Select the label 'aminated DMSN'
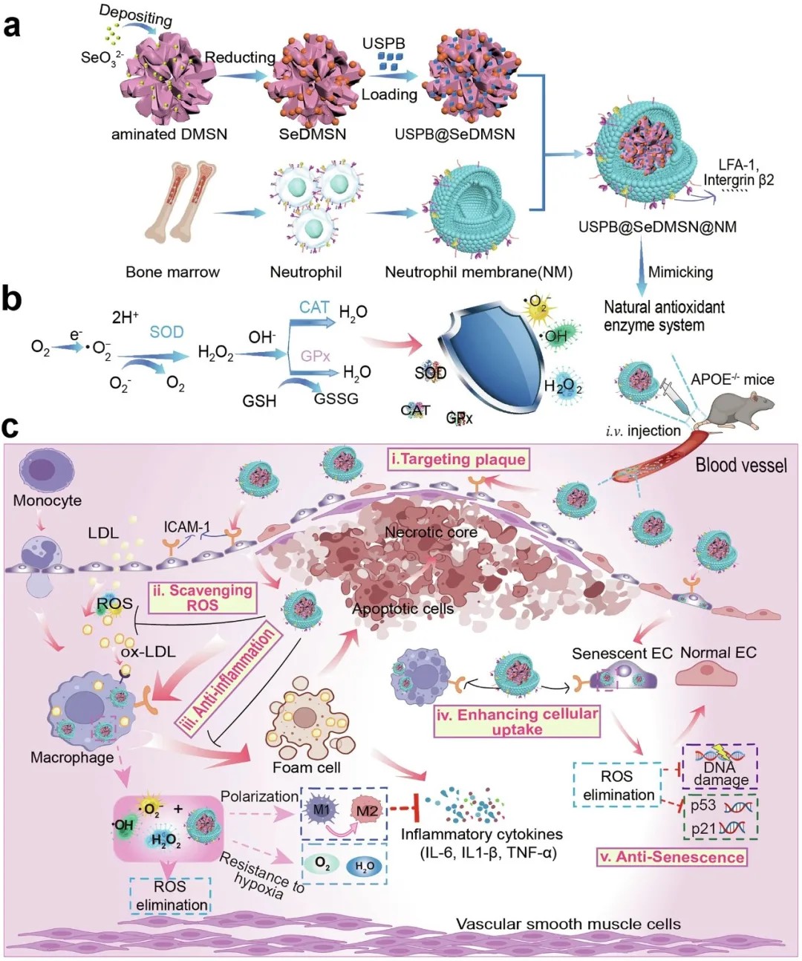click(x=169, y=134)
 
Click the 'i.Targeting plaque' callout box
click(x=458, y=460)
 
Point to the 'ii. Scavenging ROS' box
click(x=202, y=597)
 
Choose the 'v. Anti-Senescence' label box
click(x=672, y=857)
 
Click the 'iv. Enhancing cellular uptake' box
click(x=517, y=721)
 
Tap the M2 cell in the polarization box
click(x=367, y=810)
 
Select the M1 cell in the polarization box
click(x=322, y=809)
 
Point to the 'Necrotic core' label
click(x=431, y=532)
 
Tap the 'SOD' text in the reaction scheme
click(x=166, y=332)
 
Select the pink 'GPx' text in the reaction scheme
click(x=315, y=356)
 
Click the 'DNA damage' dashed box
click(x=720, y=766)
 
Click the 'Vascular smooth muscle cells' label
click(x=568, y=924)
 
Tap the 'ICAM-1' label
click(x=186, y=527)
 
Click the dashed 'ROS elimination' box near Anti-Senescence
click(x=618, y=785)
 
